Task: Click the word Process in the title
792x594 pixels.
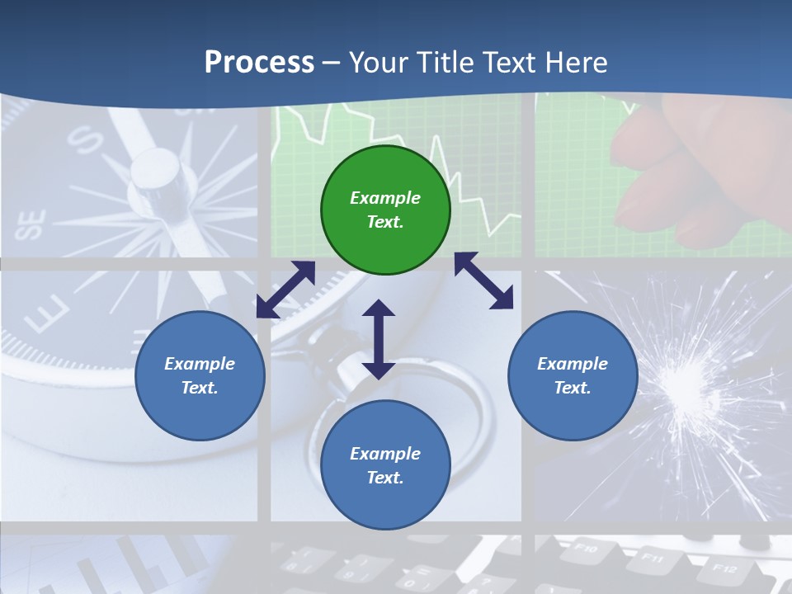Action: [x=259, y=63]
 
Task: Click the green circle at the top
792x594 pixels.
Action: [x=385, y=210]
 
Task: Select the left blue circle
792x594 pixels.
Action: [x=200, y=375]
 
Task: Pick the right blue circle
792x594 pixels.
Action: [x=572, y=375]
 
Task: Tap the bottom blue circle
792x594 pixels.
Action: [x=385, y=465]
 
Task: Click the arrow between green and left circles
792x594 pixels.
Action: [x=285, y=290]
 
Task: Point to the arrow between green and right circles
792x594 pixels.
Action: [x=484, y=280]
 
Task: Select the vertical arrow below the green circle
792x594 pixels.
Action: [x=379, y=339]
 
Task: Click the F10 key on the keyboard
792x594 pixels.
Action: [x=585, y=547]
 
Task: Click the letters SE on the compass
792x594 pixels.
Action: [x=32, y=224]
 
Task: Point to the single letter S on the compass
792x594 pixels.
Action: [x=85, y=140]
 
